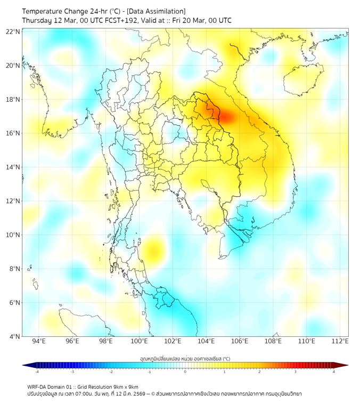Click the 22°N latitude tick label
pyautogui.click(x=13, y=31)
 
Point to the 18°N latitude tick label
pyautogui.click(x=13, y=100)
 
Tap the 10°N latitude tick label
pyautogui.click(x=13, y=235)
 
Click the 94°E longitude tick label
pyautogui.click(x=39, y=341)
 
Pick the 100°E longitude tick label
pyautogui.click(x=139, y=341)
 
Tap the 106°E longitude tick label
pyautogui.click(x=240, y=341)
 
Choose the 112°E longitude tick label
pyautogui.click(x=340, y=341)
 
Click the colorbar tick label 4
pyautogui.click(x=334, y=372)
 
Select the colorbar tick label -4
pyautogui.click(x=36, y=372)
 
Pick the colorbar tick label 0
pyautogui.click(x=185, y=372)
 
